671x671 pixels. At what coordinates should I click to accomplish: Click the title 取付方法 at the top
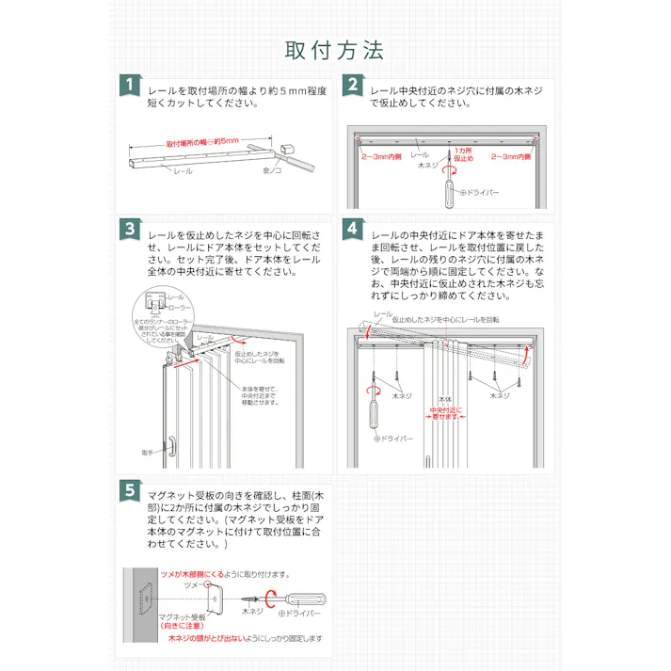pyautogui.click(x=335, y=49)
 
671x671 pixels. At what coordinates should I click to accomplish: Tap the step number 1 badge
pyautogui.click(x=129, y=86)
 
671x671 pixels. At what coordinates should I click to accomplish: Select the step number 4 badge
pyautogui.click(x=351, y=229)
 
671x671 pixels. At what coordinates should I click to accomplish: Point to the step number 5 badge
pyautogui.click(x=129, y=490)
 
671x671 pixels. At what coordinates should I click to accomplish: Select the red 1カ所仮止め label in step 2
pyautogui.click(x=460, y=155)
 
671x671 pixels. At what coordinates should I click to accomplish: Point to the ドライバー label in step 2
pyautogui.click(x=481, y=192)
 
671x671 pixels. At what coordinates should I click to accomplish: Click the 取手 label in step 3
pyautogui.click(x=147, y=452)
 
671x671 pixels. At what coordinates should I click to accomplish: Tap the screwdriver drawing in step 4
pyautogui.click(x=374, y=410)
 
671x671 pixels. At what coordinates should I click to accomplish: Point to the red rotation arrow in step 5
pyautogui.click(x=270, y=596)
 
